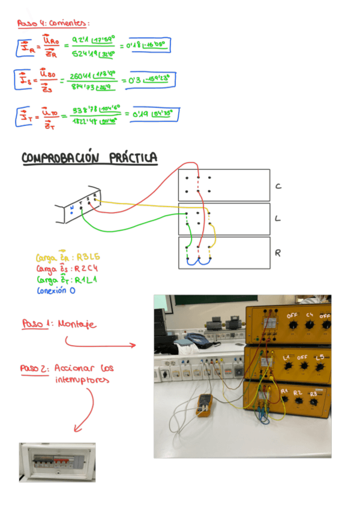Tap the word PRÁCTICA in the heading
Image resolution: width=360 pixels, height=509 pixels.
(134, 158)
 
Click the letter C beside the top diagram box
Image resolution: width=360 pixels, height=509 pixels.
(278, 186)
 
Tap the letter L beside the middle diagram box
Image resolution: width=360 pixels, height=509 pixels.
(278, 218)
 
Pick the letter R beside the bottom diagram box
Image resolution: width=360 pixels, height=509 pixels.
(278, 253)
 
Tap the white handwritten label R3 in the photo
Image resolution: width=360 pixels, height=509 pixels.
(313, 393)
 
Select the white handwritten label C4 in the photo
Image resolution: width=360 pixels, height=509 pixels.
(310, 315)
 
